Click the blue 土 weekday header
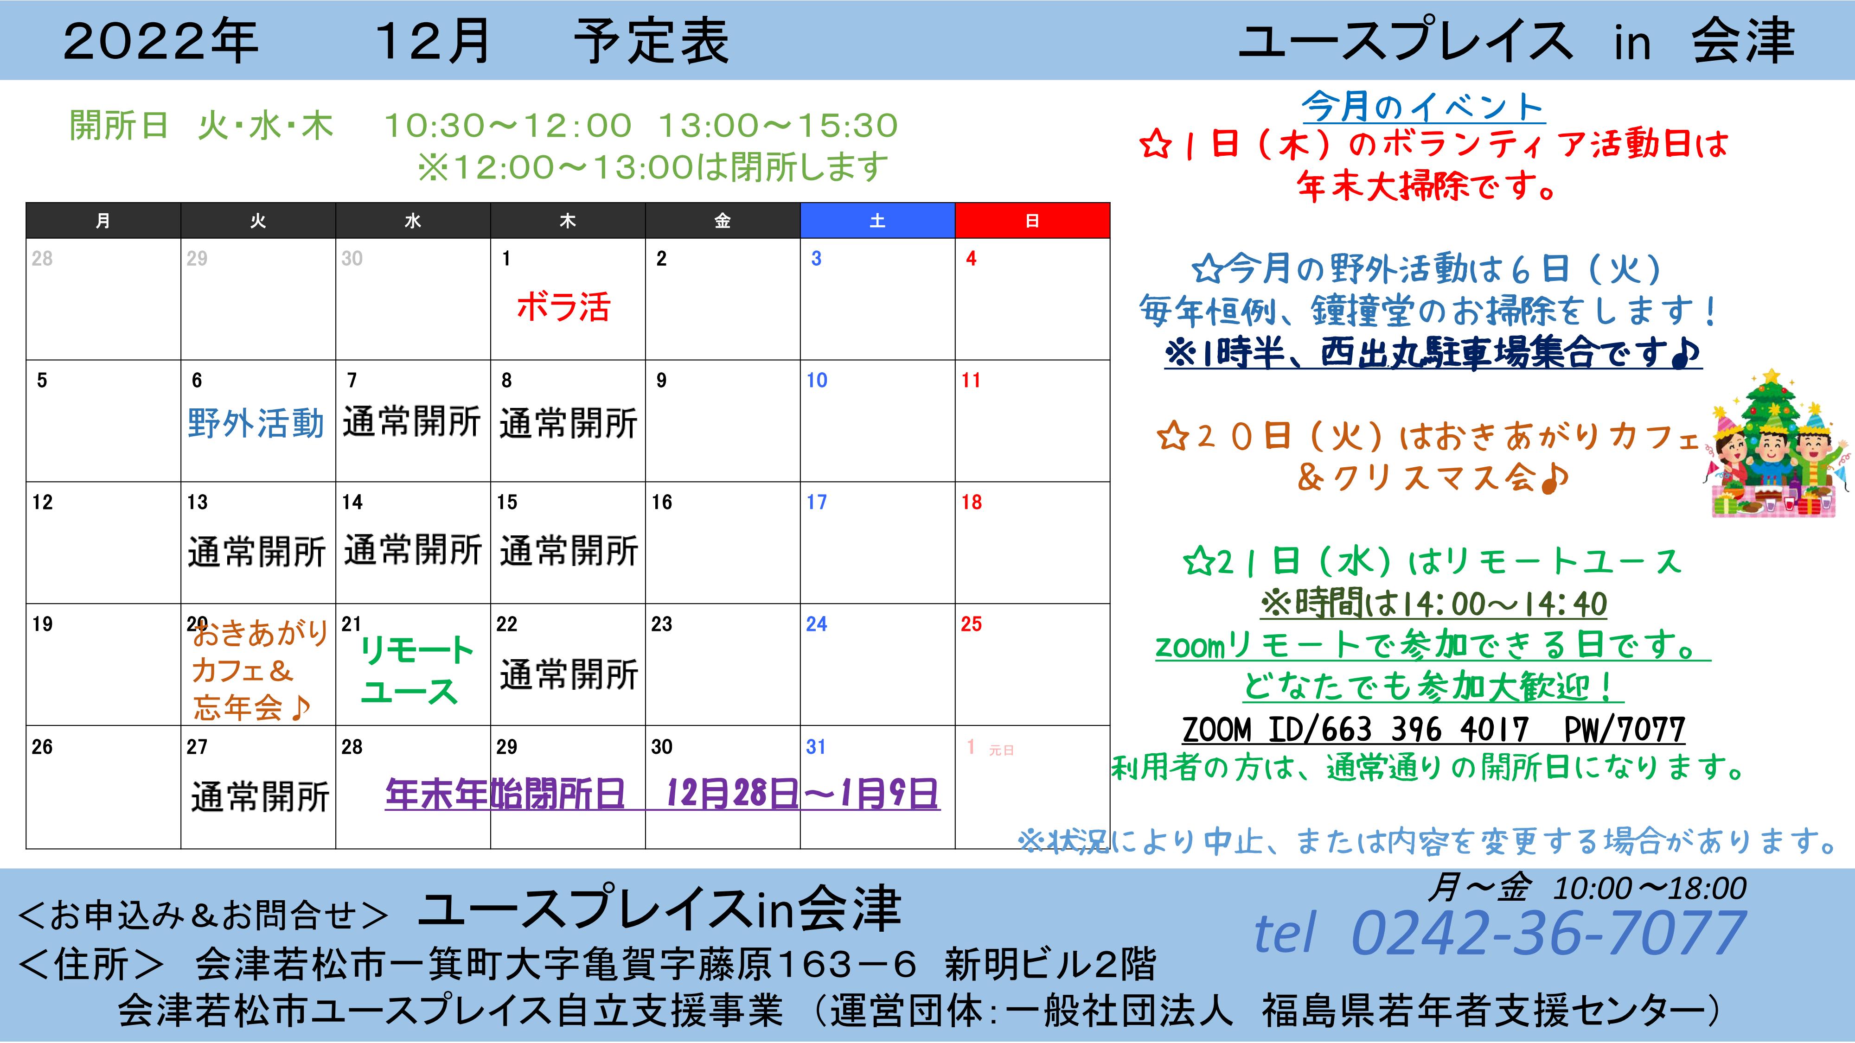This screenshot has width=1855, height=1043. coord(877,220)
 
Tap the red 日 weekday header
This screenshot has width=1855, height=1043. coord(1032,220)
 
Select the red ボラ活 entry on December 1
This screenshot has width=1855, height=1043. coord(563,306)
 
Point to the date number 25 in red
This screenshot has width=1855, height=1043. coord(971,624)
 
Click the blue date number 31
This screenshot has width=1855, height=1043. coord(815,746)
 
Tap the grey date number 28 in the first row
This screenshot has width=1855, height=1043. coord(42,258)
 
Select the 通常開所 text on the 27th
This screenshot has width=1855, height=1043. coord(260,797)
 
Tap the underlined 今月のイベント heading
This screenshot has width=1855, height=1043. coord(1422,108)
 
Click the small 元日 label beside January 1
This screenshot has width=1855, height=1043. coord(1001,750)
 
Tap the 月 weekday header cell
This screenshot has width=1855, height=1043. coord(103,220)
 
